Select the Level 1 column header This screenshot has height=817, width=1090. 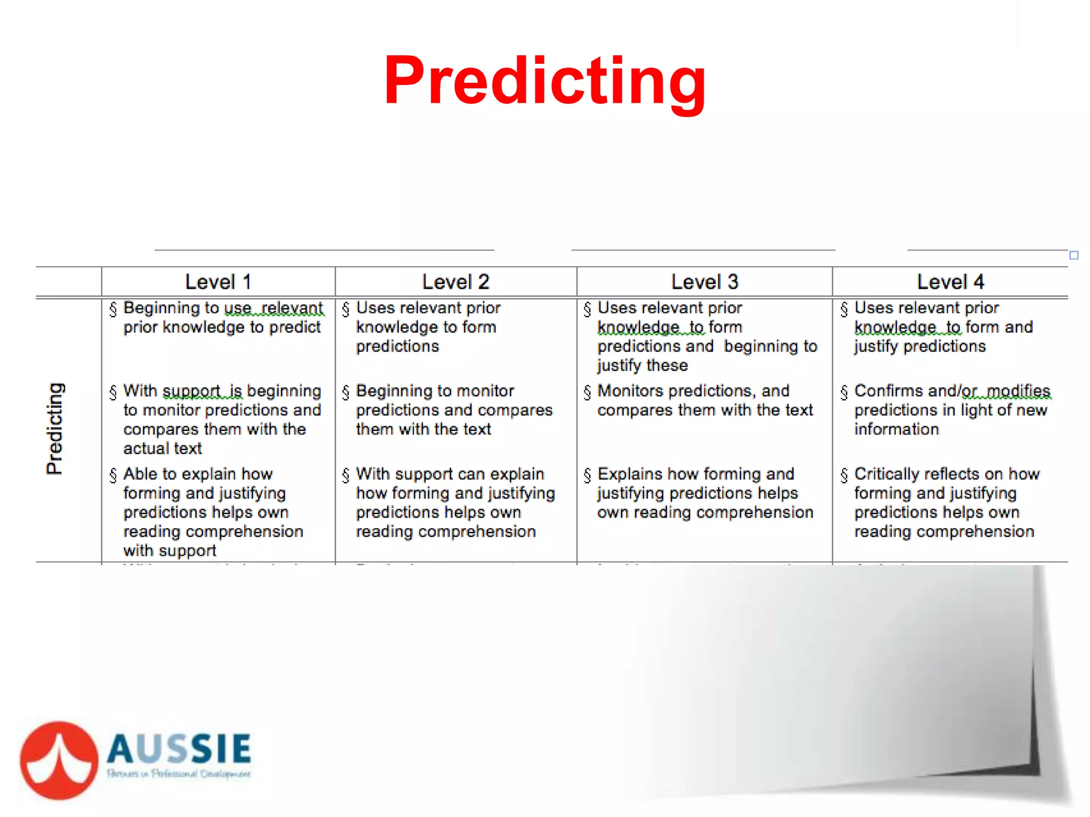[218, 282]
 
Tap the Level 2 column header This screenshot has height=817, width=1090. [456, 282]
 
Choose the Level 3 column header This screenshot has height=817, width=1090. [705, 282]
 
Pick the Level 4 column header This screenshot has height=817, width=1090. [951, 282]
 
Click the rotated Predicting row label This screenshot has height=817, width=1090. [55, 428]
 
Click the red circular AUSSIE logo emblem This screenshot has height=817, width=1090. [59, 760]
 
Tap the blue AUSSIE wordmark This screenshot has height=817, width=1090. [179, 748]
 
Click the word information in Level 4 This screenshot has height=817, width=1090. [897, 429]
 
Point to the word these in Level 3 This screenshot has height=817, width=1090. [667, 365]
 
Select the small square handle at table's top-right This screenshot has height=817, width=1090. [1074, 255]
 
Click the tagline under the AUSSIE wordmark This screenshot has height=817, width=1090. [179, 774]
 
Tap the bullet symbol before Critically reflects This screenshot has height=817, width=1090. [844, 475]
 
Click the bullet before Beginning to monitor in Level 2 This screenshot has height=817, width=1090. [346, 393]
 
